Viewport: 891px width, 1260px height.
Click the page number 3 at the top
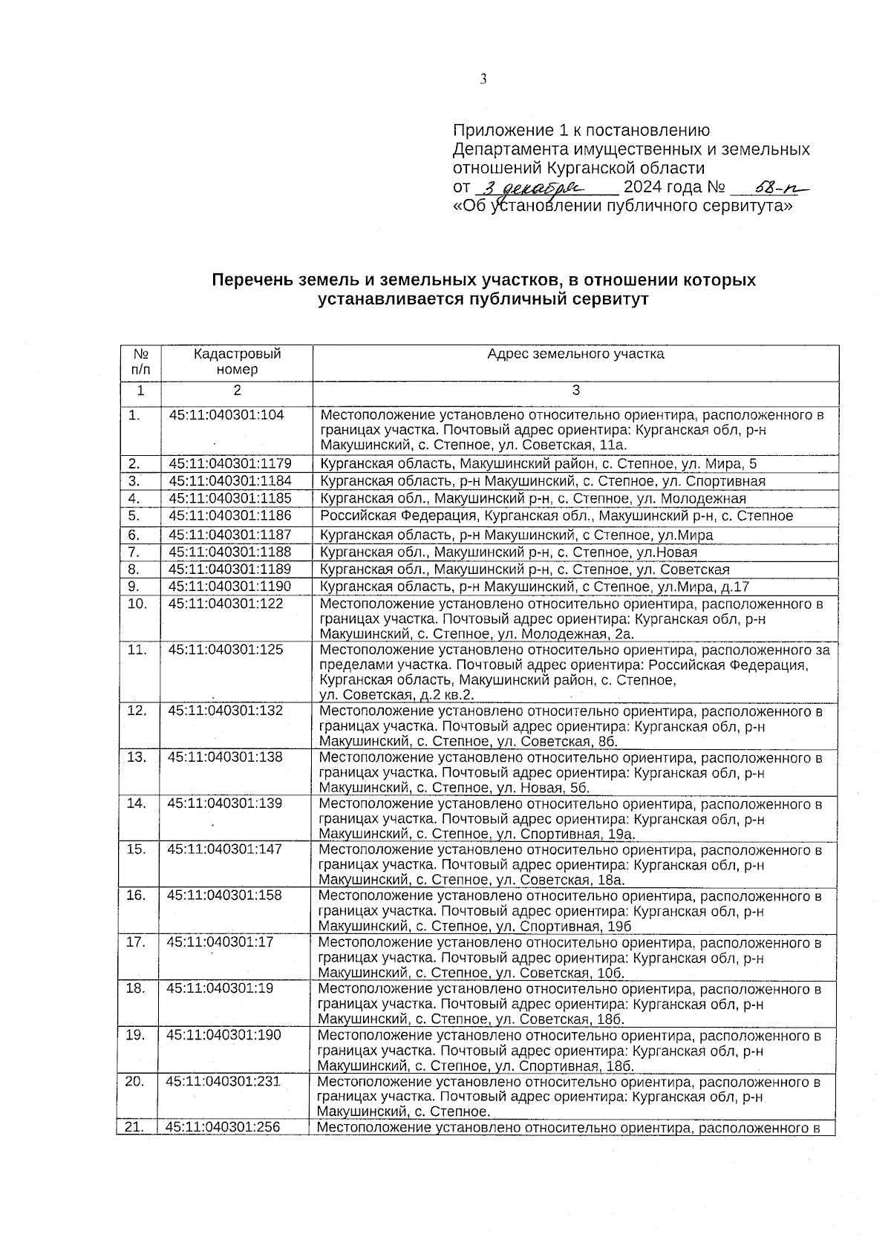point(483,79)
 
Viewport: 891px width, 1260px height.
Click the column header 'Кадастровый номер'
point(237,362)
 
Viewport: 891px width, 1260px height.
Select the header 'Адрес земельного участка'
point(575,354)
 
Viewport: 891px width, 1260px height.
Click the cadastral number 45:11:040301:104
point(226,415)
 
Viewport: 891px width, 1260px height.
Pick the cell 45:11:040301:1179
point(230,464)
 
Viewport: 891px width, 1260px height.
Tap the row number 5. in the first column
point(134,515)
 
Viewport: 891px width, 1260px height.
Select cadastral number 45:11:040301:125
point(226,650)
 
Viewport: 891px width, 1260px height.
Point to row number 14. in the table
point(136,803)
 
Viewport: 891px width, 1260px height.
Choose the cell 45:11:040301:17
point(221,942)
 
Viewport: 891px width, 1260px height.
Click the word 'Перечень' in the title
point(247,281)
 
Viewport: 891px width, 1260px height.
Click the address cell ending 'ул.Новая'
point(509,552)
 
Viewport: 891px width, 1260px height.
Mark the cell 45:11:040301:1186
point(230,515)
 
